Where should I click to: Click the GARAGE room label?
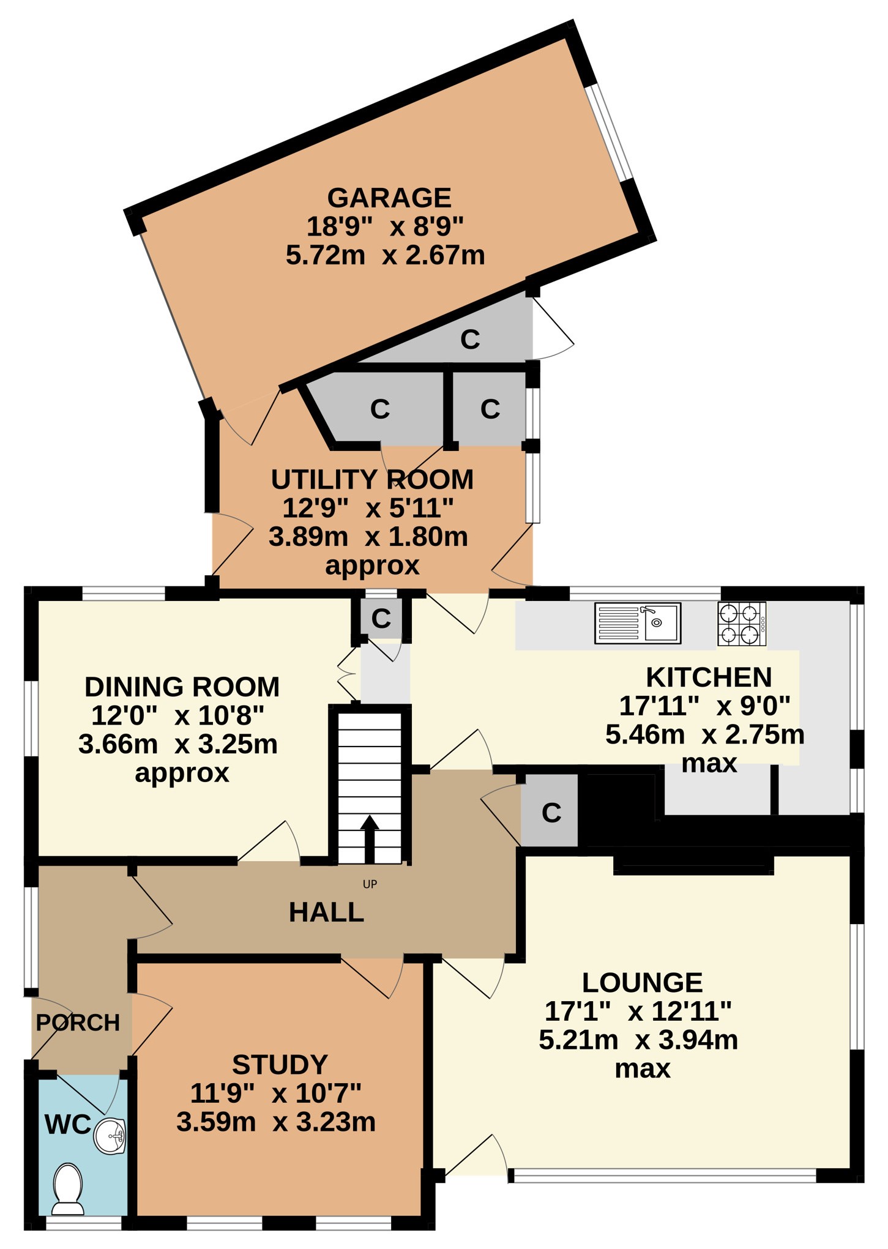(389, 198)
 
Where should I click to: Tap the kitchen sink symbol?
(638, 623)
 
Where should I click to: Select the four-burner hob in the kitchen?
(742, 624)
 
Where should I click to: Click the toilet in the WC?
(68, 1188)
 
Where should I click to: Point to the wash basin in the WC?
(110, 1136)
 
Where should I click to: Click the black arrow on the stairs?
(370, 838)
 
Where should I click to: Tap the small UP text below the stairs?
(370, 884)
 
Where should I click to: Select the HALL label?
(326, 912)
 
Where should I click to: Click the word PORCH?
(78, 1023)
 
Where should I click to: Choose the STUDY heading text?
(280, 1065)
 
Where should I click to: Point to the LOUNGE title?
(642, 983)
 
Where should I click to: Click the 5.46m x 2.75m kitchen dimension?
(704, 734)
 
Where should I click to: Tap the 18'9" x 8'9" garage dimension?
(385, 226)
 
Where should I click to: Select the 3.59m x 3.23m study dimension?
(276, 1122)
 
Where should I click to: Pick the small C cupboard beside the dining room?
(381, 619)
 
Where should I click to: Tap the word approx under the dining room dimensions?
(182, 774)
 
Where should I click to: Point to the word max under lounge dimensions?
(643, 1069)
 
